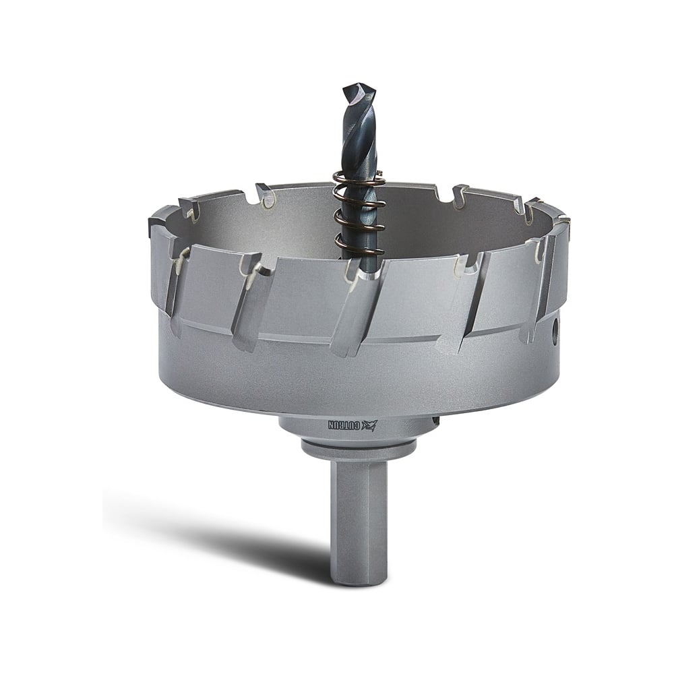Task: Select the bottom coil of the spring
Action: point(359,249)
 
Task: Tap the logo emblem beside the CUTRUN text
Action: point(369,425)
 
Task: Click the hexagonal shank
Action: point(359,518)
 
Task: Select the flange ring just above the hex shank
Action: point(359,447)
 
